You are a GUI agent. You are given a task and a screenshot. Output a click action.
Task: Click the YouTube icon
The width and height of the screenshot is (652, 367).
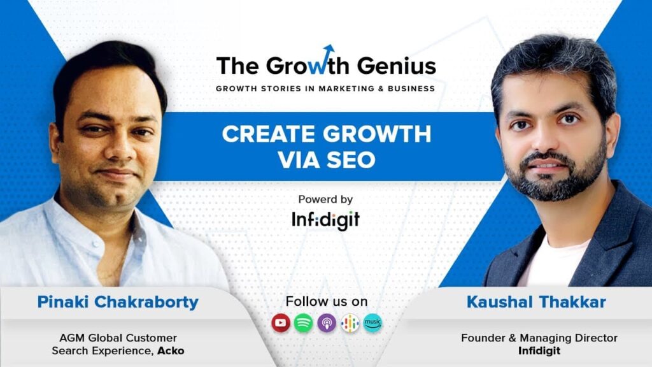pos(281,323)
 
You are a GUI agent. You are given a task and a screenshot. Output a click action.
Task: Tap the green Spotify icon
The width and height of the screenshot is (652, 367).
pos(304,323)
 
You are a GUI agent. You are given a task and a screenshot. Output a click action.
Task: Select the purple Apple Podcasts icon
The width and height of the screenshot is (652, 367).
pos(327,323)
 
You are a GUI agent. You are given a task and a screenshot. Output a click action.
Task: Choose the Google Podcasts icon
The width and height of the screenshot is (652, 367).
pos(350,323)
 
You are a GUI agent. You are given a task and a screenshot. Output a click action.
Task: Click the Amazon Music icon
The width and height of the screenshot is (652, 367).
pos(372,323)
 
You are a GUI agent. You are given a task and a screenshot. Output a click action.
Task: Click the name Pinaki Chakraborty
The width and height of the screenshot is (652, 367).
pos(118,303)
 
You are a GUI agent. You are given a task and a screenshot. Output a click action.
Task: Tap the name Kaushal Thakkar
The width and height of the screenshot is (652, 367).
pos(536,302)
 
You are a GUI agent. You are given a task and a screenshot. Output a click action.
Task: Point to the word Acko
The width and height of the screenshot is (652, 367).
pos(171,351)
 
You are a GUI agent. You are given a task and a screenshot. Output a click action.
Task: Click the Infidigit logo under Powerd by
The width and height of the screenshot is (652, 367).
pos(325,220)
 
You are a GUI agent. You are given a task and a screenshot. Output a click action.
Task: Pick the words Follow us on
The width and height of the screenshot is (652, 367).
pos(327,301)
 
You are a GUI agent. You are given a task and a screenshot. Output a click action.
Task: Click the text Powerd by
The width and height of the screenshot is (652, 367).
pos(325,199)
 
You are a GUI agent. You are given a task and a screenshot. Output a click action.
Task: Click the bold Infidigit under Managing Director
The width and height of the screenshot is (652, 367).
pos(539,351)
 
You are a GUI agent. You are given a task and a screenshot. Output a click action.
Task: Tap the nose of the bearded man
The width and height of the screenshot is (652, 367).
pos(546,140)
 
